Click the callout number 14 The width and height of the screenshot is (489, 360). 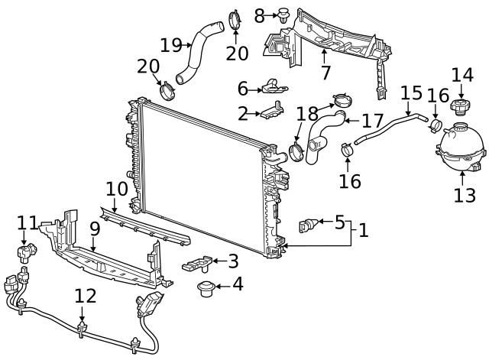461,75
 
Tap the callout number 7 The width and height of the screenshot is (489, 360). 325,73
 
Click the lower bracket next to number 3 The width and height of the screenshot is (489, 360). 199,264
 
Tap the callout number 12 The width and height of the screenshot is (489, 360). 86,295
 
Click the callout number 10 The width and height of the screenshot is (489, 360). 116,187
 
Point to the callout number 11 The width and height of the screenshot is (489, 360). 28,222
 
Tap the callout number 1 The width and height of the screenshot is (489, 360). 363,229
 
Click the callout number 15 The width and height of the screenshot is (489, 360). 411,93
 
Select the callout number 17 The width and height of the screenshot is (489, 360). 372,120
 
